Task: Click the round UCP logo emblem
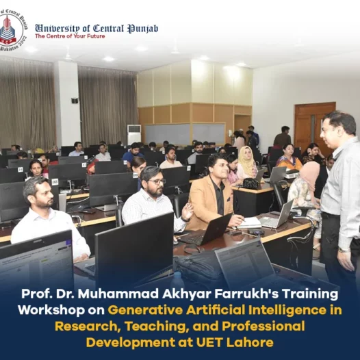click(x=12, y=30)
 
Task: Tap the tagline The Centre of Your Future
click(x=70, y=36)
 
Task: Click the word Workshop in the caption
click(x=51, y=311)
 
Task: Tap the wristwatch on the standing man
click(x=344, y=250)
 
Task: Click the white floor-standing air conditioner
click(x=134, y=134)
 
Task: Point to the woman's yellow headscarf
click(x=246, y=160)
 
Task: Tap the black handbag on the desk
click(x=251, y=183)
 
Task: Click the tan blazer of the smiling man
click(x=210, y=202)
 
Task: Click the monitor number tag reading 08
click(x=55, y=182)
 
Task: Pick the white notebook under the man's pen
click(x=249, y=222)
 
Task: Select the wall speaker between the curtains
click(x=75, y=101)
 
